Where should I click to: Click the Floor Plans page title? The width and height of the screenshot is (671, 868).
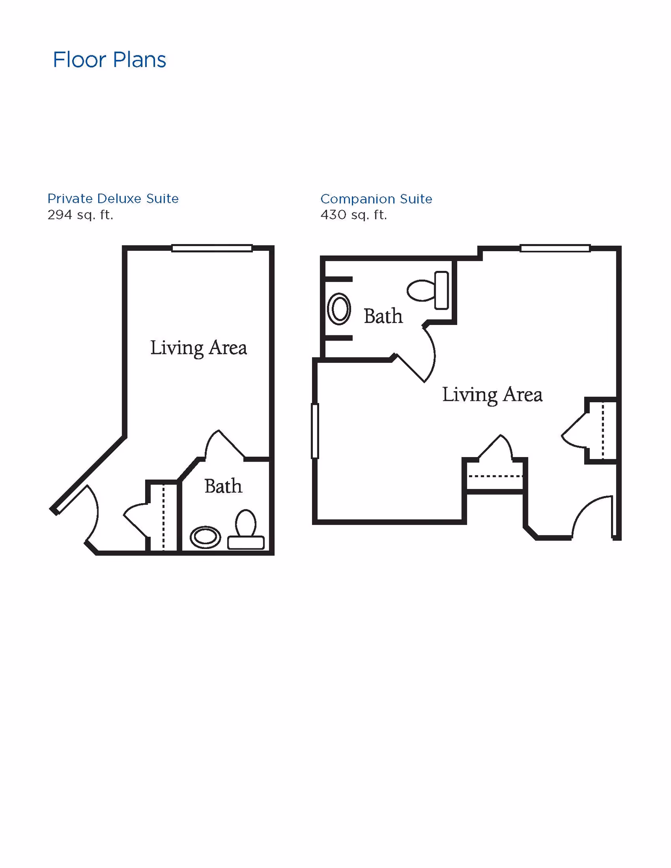109,60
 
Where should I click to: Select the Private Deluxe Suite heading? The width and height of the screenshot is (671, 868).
113,198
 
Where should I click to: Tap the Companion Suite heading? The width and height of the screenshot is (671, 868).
376,199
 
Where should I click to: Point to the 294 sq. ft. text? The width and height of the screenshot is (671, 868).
80,215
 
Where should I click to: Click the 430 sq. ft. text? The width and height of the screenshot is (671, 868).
354,215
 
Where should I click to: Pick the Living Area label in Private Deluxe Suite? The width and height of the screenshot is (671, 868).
198,348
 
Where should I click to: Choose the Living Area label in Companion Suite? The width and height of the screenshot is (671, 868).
492,395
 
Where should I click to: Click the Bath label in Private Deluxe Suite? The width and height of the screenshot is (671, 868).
223,486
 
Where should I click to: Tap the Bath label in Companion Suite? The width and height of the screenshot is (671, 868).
383,316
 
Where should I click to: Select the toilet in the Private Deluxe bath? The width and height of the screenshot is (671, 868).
246,530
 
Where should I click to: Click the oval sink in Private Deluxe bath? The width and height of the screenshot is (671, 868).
205,537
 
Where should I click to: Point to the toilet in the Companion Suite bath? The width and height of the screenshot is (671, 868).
428,290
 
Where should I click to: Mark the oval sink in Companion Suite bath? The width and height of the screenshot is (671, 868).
339,309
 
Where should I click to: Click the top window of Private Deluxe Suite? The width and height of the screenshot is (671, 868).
212,248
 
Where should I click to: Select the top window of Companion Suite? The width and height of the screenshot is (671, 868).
555,248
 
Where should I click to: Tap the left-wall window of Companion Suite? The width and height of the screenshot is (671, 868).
315,431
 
